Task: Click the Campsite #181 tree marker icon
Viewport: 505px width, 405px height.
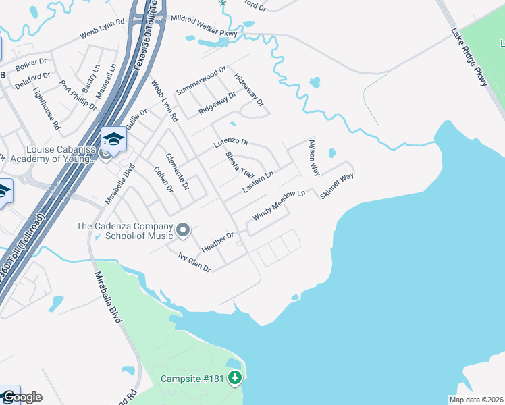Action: pos(235,378)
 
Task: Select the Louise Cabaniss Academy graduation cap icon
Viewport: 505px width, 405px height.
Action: pos(114,140)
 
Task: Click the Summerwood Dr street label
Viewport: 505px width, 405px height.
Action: pos(201,81)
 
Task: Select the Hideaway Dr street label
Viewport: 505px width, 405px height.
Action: pos(248,88)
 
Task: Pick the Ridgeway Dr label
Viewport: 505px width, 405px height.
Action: pos(217,103)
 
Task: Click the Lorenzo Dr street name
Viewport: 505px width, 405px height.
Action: pos(232,144)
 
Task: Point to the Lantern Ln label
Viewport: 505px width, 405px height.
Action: pos(258,182)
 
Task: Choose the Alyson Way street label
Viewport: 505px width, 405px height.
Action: pos(313,158)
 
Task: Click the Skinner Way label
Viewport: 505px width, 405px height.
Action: pos(337,185)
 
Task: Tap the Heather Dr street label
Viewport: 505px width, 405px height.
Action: pos(217,244)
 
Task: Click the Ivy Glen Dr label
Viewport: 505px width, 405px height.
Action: pos(194,263)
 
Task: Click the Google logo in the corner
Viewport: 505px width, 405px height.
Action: pos(22,397)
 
